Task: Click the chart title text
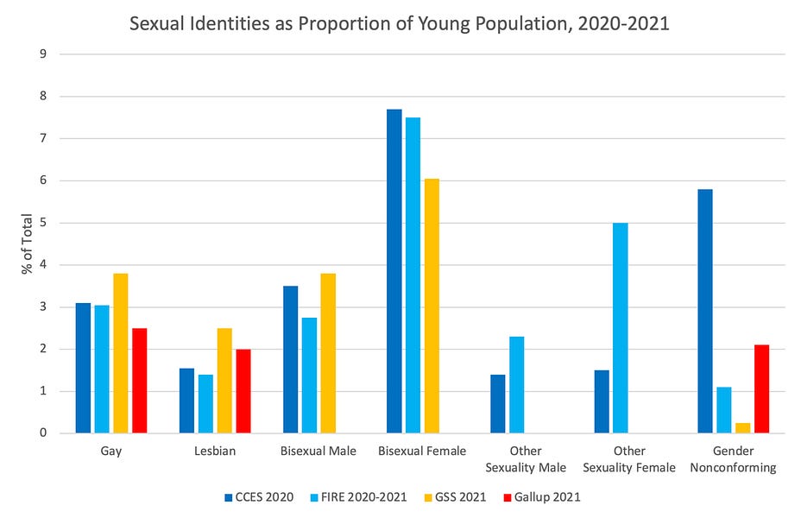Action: [400, 23]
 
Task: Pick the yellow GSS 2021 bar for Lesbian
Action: [224, 380]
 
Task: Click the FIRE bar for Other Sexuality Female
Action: [621, 328]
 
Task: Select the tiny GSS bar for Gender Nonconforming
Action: [742, 428]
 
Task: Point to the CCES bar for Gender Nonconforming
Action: [705, 311]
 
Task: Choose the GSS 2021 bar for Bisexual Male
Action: [328, 353]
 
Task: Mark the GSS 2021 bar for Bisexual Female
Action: [432, 306]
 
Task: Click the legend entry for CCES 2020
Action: [260, 497]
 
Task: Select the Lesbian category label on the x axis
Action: [215, 452]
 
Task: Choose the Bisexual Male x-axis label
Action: [319, 452]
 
